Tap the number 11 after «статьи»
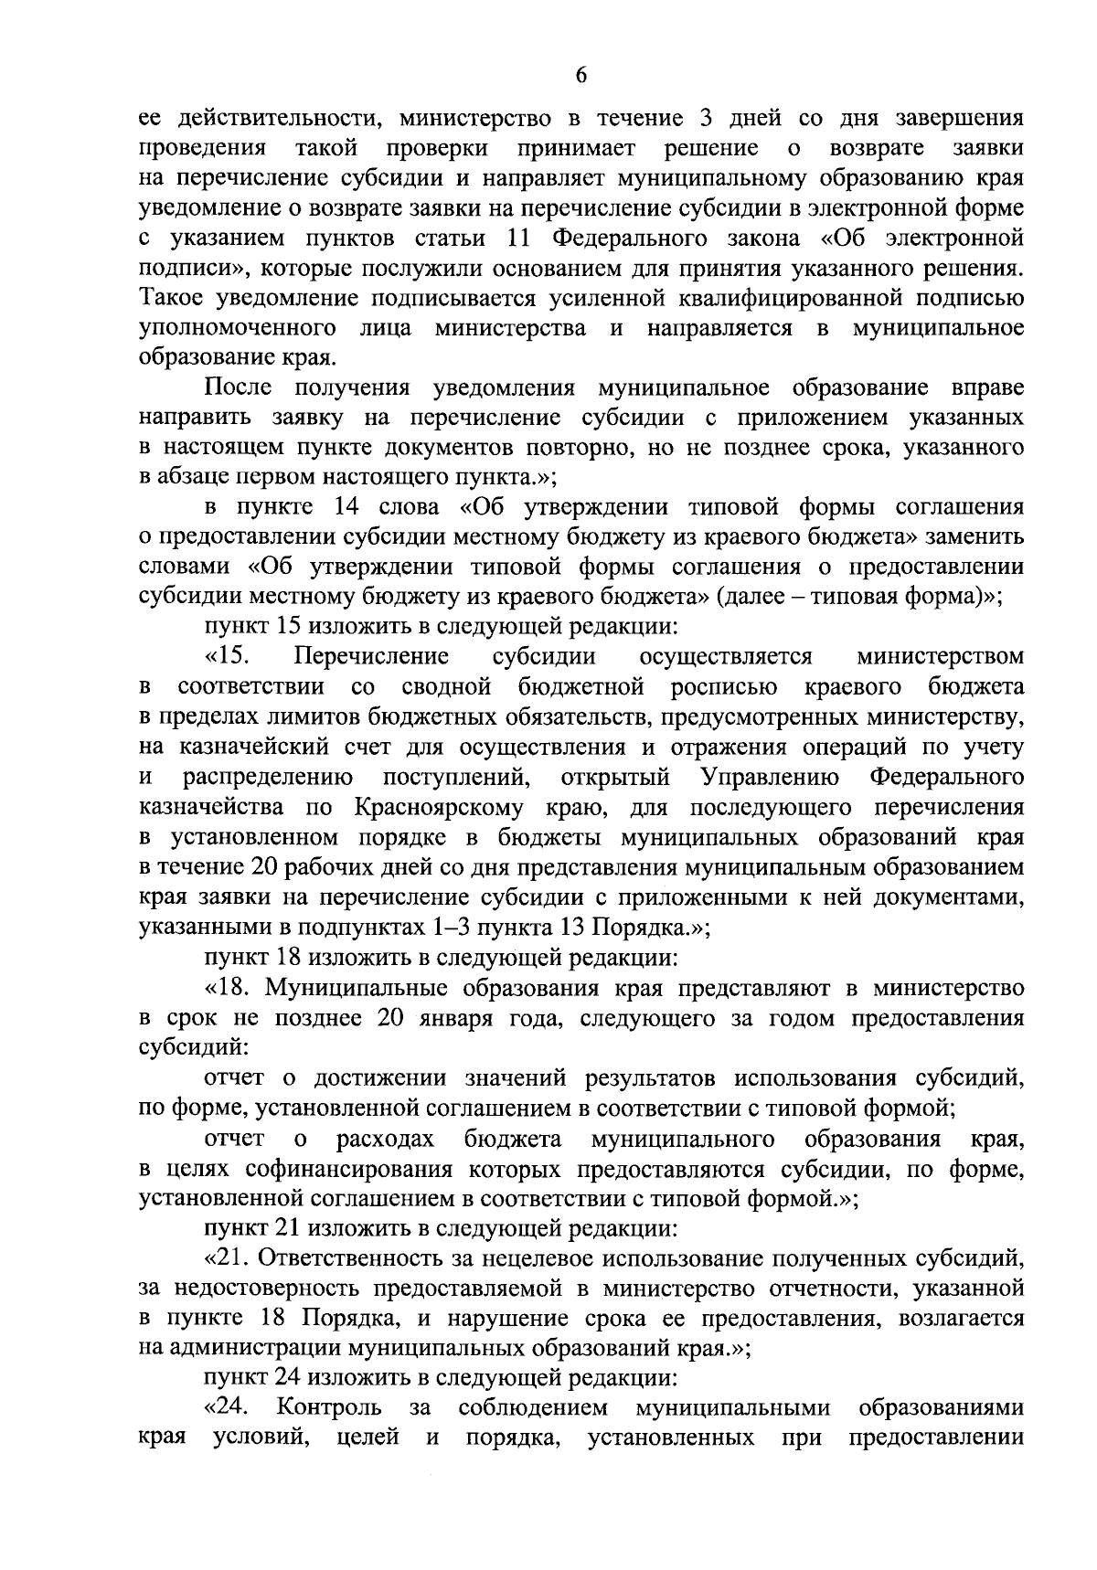coord(517,239)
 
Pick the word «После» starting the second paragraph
coord(239,387)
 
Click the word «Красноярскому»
coord(436,807)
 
